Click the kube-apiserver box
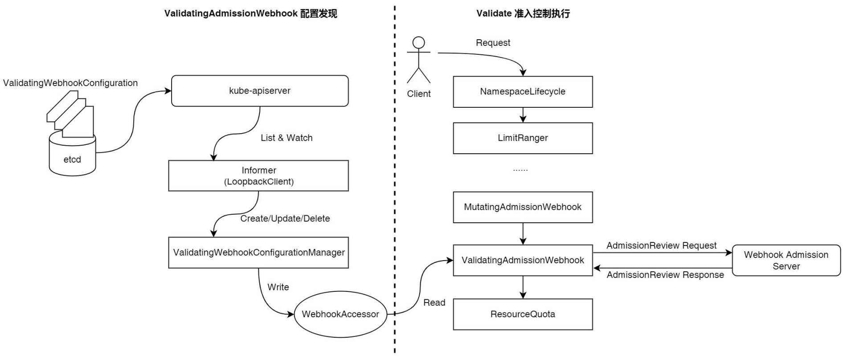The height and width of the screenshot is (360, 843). click(260, 91)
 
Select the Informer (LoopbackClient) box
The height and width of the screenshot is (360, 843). click(258, 176)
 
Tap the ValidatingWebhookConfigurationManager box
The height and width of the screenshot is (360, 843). click(258, 253)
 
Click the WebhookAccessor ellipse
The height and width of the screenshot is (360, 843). click(340, 314)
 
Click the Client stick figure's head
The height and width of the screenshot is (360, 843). click(418, 43)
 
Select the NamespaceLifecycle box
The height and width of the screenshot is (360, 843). click(523, 92)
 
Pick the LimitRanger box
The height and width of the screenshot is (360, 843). click(523, 138)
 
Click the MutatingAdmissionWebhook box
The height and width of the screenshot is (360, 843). click(523, 207)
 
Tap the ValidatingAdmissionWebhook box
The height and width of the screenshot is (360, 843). click(523, 260)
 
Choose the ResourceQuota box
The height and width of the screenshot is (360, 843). click(523, 314)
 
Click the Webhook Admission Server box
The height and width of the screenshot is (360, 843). click(786, 260)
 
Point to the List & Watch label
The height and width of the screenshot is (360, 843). click(286, 138)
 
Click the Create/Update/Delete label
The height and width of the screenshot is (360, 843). click(285, 219)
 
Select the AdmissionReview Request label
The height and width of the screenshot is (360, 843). click(661, 245)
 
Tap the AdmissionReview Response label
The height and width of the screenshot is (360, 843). click(665, 275)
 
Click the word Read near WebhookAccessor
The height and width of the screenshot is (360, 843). click(434, 303)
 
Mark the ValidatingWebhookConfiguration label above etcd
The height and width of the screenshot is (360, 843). click(70, 83)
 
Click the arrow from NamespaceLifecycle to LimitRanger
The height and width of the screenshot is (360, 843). click(523, 115)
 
